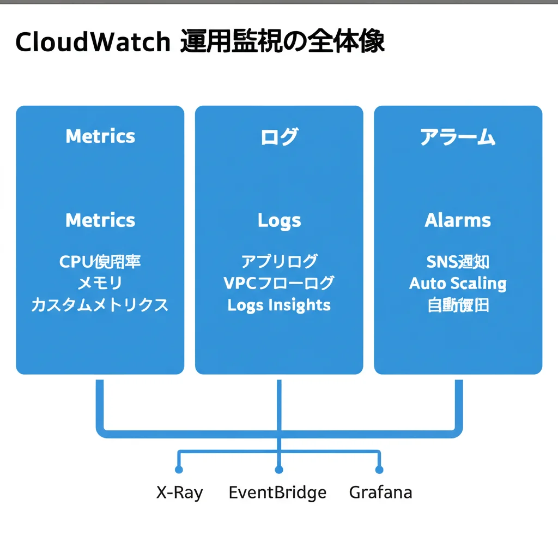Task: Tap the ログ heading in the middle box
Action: click(279, 137)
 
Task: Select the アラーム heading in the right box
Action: click(458, 137)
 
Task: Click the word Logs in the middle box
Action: click(279, 221)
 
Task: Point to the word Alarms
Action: click(458, 221)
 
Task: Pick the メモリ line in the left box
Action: click(100, 283)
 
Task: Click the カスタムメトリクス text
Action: click(100, 304)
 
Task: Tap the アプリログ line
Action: click(279, 262)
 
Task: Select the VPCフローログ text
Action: click(279, 283)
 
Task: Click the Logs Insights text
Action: click(279, 304)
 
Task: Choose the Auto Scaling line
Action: click(458, 284)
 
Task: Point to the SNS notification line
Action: click(458, 262)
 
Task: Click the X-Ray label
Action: click(179, 493)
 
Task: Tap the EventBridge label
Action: click(277, 493)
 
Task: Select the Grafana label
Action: click(380, 493)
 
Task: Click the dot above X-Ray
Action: click(179, 470)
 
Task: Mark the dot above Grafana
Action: click(379, 470)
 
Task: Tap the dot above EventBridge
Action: click(279, 470)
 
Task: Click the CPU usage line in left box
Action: click(100, 262)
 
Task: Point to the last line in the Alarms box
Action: click(458, 305)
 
